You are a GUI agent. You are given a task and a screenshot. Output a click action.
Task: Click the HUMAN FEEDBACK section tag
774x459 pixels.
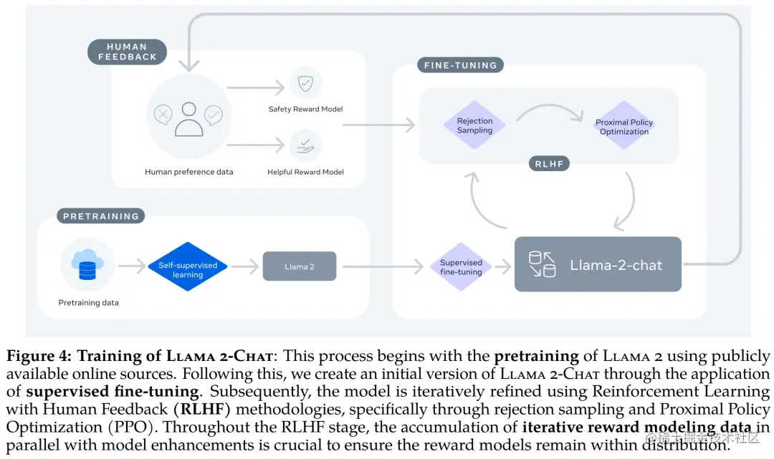[128, 52]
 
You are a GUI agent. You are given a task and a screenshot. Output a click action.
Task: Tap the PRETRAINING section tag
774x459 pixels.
[100, 216]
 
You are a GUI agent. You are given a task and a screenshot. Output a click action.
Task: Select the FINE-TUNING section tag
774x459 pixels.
[460, 65]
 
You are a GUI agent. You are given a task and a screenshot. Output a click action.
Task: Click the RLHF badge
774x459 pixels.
[550, 163]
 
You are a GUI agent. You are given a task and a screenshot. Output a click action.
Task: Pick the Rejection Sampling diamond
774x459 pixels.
[474, 125]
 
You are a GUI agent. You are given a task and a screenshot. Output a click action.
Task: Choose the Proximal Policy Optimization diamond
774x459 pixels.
[624, 127]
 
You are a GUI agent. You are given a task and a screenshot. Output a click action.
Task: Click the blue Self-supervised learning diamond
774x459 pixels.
[188, 266]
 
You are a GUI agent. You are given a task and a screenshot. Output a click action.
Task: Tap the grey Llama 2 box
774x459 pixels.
[300, 266]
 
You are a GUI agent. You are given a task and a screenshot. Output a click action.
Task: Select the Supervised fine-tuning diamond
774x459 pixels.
[461, 266]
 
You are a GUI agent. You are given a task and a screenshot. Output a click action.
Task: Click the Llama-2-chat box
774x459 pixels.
[598, 265]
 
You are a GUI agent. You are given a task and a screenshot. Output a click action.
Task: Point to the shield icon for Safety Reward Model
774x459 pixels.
[305, 84]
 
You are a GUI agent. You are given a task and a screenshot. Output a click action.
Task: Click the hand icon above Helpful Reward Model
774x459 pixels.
[305, 146]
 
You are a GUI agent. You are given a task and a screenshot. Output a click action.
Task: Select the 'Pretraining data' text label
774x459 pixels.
[88, 303]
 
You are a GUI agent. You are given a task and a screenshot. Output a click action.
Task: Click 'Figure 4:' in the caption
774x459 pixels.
[39, 357]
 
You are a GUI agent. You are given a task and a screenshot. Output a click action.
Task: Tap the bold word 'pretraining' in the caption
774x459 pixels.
[536, 357]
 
